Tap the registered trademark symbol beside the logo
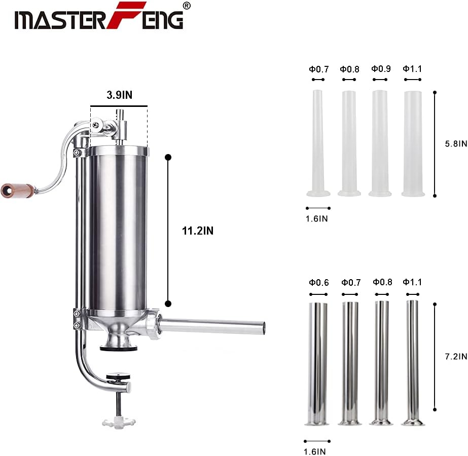pos(186,6)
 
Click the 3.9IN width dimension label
pos(119,95)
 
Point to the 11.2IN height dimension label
pos(198,231)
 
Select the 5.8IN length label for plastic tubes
pos(456,144)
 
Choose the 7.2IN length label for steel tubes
pos(456,356)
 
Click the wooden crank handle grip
pos(17,191)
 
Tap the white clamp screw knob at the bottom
pos(119,423)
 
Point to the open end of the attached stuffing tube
pos(264,327)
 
